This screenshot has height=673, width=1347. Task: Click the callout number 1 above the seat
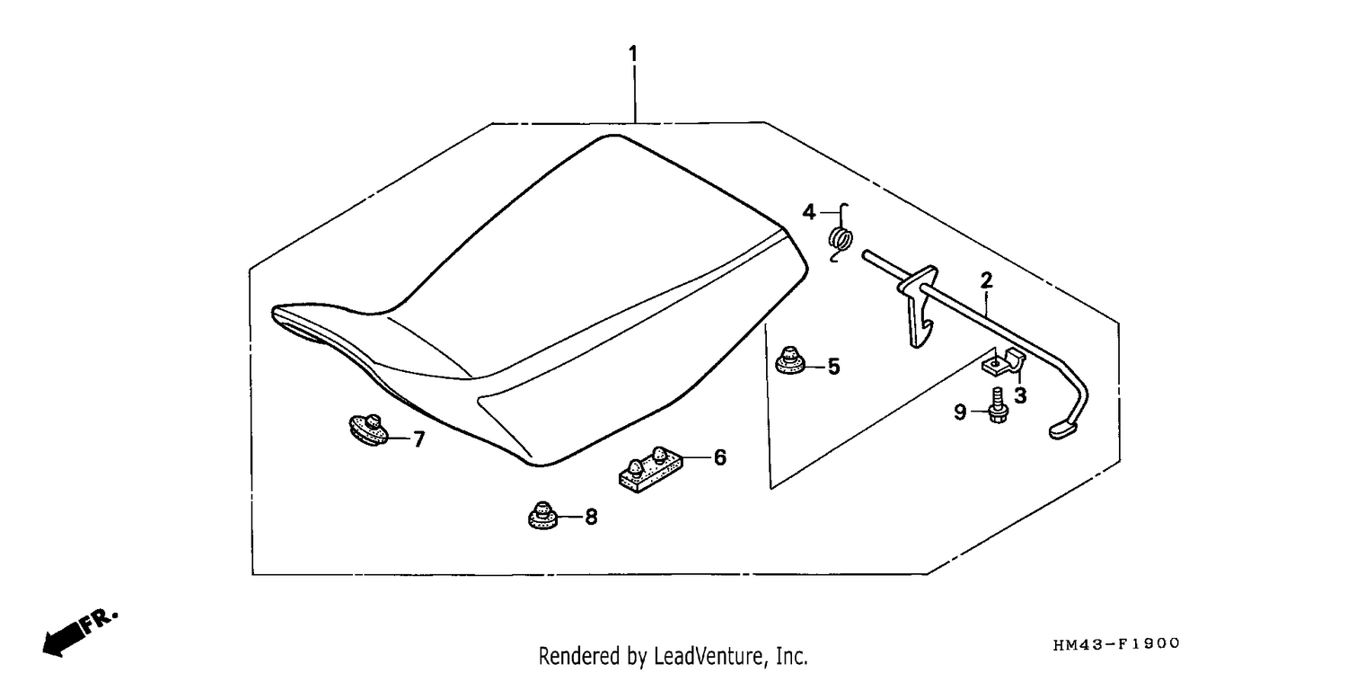[x=632, y=54]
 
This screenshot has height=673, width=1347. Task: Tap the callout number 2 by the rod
[x=986, y=280]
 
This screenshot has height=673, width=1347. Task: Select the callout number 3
[x=1020, y=395]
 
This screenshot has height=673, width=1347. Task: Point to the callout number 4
[x=809, y=212]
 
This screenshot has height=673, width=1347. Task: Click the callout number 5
[x=833, y=367]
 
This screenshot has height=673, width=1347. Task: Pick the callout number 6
[x=720, y=457]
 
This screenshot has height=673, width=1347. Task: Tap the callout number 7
[x=419, y=439]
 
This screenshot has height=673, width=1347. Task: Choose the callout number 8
[x=591, y=517]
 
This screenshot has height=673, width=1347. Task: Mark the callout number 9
[x=960, y=412]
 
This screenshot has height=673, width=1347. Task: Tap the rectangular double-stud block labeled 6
[x=650, y=469]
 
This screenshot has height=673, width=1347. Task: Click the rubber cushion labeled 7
[x=368, y=429]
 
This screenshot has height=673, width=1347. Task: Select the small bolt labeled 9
[x=998, y=406]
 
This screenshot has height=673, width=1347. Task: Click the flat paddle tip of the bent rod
[x=1065, y=429]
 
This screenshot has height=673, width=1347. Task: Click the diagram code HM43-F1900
[x=1117, y=644]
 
